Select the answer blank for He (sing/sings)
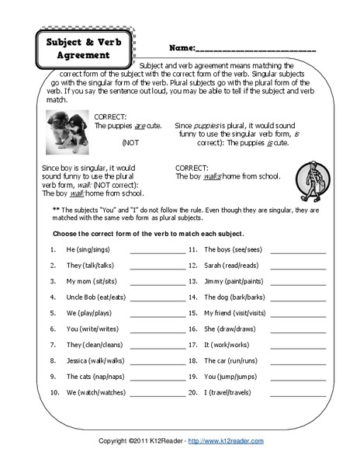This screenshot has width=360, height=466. [157, 252]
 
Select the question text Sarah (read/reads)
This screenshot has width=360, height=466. [232, 266]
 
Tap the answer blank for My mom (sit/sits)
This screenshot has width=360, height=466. [157, 282]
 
